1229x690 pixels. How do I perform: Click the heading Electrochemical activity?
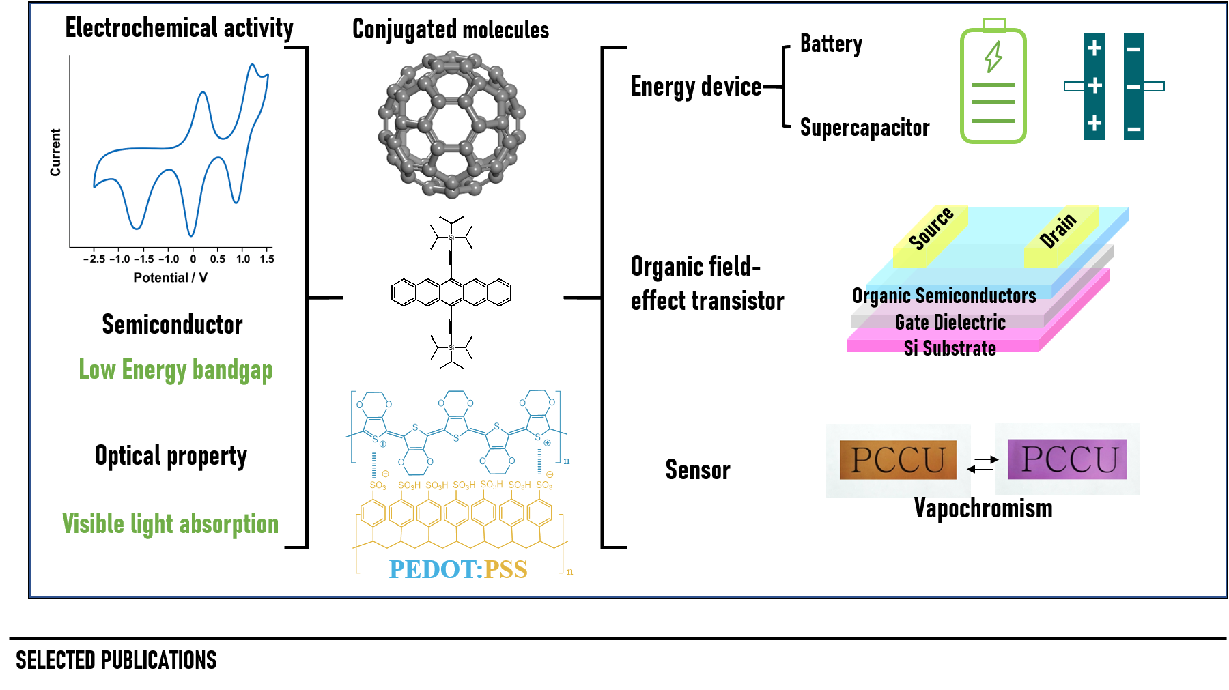179,28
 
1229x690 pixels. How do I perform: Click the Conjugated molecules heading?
450,29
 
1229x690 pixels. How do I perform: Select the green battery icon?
993,83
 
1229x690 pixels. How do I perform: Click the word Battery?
831,44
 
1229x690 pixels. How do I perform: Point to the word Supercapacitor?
864,128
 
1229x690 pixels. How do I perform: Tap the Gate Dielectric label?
950,322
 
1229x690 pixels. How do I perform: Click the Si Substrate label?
950,348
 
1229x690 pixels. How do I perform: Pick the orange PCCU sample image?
898,459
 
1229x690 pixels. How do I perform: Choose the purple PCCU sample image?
1067,459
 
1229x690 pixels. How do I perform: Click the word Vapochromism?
983,508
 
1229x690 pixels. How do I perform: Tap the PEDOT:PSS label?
458,569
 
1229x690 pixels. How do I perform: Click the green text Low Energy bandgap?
175,370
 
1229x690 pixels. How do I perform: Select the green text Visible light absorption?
171,524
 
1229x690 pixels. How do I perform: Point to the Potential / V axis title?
170,278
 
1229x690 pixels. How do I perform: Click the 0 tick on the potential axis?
193,259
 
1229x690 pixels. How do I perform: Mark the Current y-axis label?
55,152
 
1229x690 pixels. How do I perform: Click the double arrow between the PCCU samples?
983,464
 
